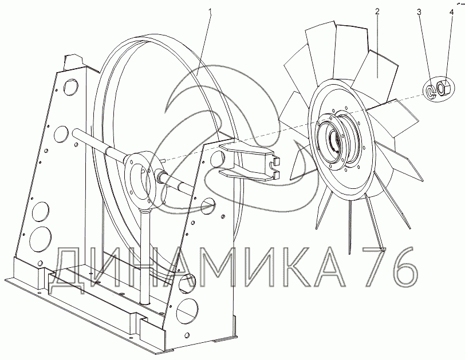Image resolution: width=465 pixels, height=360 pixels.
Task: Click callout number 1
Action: click(x=210, y=12)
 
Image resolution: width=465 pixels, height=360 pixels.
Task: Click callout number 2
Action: click(x=377, y=11)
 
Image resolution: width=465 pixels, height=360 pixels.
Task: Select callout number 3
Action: click(x=419, y=12)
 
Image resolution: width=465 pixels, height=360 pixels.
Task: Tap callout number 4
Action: click(x=452, y=12)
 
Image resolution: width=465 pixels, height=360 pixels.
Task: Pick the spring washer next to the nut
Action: click(x=430, y=92)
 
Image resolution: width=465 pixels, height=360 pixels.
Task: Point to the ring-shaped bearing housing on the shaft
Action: click(x=143, y=180)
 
